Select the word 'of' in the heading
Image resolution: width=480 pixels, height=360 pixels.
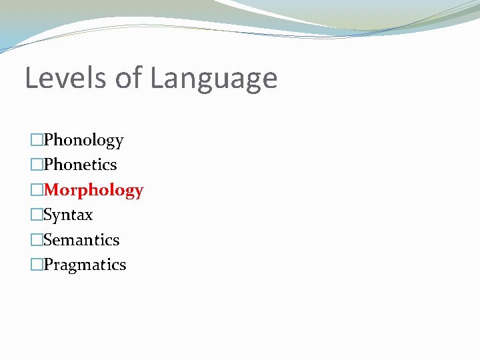[x=129, y=78]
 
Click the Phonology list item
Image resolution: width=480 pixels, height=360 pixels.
[x=83, y=141]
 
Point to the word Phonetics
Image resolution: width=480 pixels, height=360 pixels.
[x=80, y=165]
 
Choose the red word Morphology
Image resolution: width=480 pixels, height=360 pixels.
[x=93, y=191]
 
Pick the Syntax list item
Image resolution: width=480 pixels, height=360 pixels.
[x=68, y=215]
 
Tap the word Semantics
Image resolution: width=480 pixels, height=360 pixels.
[x=81, y=240]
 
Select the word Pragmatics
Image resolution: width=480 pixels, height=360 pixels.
[x=85, y=265]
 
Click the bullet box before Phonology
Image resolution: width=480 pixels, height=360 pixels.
[x=37, y=140]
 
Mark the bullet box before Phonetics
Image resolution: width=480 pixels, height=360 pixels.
[x=37, y=165]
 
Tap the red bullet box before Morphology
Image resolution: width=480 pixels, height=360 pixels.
[x=37, y=190]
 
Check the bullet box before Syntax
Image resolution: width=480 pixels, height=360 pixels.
[x=37, y=215]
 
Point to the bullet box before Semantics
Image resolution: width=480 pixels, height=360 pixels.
[x=37, y=240]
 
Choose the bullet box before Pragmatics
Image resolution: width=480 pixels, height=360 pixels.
[x=37, y=265]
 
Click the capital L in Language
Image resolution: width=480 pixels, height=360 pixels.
[x=157, y=78]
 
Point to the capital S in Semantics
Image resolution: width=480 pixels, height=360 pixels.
[x=48, y=240]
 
